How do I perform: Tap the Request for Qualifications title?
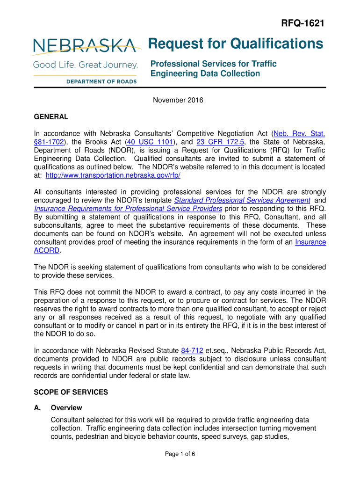235,44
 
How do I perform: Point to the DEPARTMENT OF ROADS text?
101,81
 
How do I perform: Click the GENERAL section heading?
51,116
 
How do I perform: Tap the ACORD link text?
47,250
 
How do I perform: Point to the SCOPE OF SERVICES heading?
71,392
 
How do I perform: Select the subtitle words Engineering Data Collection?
205,73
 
